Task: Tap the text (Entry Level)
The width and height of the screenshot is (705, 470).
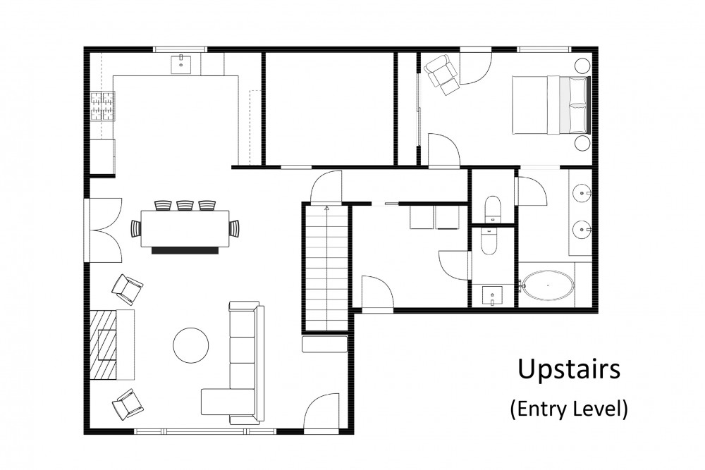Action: (569, 409)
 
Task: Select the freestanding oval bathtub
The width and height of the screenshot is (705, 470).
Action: (548, 285)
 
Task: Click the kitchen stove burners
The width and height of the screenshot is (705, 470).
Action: (103, 106)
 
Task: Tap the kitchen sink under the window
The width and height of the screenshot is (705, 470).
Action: (182, 64)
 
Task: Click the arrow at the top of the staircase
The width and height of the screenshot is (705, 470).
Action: (326, 208)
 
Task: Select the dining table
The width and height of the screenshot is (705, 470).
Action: (185, 228)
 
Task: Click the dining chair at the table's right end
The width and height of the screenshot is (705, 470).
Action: (235, 228)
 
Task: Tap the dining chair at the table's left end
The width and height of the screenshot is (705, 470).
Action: (136, 228)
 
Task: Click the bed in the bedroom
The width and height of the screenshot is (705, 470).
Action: (551, 105)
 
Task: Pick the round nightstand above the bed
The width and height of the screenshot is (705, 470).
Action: (582, 66)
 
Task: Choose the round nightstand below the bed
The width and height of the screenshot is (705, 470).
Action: (582, 143)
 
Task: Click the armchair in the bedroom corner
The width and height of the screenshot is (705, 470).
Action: (443, 75)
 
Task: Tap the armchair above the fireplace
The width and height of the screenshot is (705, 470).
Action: (127, 289)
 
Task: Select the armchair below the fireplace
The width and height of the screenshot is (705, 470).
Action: (127, 404)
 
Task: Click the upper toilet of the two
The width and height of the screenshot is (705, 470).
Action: (492, 209)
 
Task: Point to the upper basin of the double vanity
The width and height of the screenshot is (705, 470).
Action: (582, 194)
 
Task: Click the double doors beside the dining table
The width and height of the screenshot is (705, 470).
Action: (106, 230)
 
